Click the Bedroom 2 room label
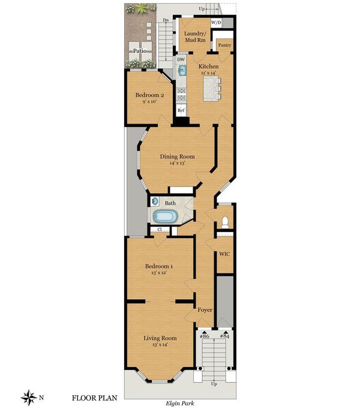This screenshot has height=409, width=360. coord(149,95)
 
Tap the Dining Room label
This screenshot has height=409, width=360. coord(177,157)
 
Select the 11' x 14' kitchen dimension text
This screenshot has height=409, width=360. coord(209,73)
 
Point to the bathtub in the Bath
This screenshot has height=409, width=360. coord(165,217)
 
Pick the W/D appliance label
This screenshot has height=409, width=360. coord(216,23)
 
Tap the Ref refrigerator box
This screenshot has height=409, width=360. coord(181,110)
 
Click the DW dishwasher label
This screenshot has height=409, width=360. coord(181,59)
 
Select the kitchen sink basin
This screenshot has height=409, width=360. coord(182,70)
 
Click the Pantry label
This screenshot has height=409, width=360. coord(224,45)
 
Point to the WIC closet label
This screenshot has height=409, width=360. coord(224,254)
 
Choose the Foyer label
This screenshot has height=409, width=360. coord(205,310)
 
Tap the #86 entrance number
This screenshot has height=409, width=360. coord(205,336)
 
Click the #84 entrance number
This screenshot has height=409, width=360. coord(224,336)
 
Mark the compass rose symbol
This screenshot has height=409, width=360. coord(29,398)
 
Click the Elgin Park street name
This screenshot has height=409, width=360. coord(180,403)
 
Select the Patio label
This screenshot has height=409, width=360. coord(140,51)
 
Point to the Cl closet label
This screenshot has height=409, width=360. coord(160,230)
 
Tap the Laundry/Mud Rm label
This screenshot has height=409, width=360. coord(195,37)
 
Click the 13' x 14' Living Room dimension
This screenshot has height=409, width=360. coord(160,345)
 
